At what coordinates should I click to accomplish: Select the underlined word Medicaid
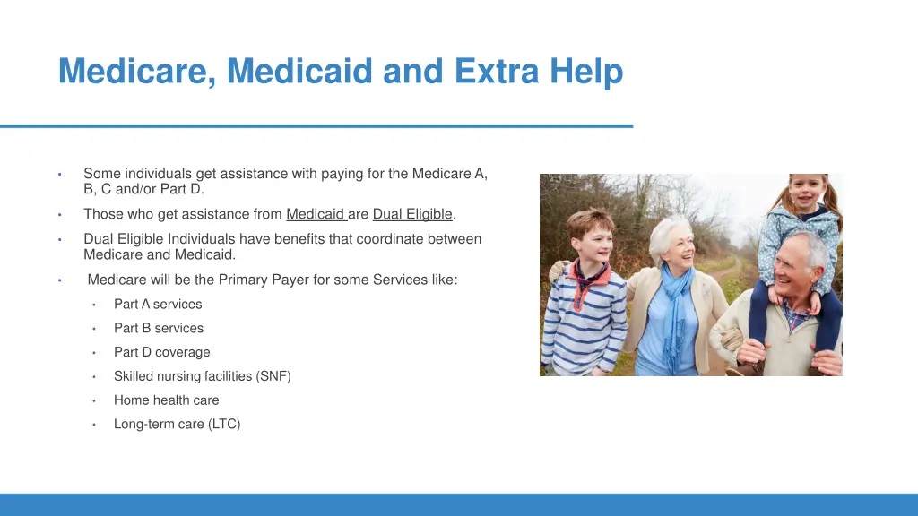pos(315,214)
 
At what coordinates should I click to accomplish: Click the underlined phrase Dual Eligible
pos(412,214)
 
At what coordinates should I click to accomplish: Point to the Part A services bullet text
pos(158,305)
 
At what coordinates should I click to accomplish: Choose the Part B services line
pos(159,329)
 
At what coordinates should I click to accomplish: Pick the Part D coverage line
pos(161,353)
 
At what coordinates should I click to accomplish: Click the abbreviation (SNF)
pos(273,377)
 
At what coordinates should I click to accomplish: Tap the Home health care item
pos(166,400)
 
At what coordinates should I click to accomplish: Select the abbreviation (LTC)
pos(224,425)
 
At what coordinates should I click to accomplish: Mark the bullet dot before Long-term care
pos(94,425)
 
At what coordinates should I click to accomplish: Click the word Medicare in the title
pos(136,71)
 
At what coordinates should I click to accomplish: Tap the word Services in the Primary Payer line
pos(394,279)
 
